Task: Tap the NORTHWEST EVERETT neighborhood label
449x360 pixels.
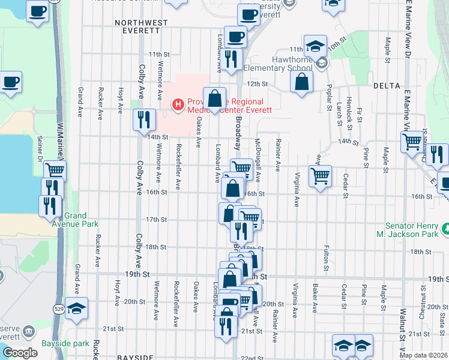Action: click(x=141, y=23)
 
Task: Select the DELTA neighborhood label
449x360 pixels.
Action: click(x=386, y=86)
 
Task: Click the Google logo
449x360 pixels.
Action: click(x=20, y=352)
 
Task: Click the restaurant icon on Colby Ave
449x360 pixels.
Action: click(x=143, y=119)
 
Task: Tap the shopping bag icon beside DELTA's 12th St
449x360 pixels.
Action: click(x=301, y=81)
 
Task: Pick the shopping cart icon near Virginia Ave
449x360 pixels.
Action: click(x=320, y=176)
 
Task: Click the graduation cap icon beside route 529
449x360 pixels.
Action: click(x=76, y=308)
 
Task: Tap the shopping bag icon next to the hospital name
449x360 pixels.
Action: click(x=214, y=98)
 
